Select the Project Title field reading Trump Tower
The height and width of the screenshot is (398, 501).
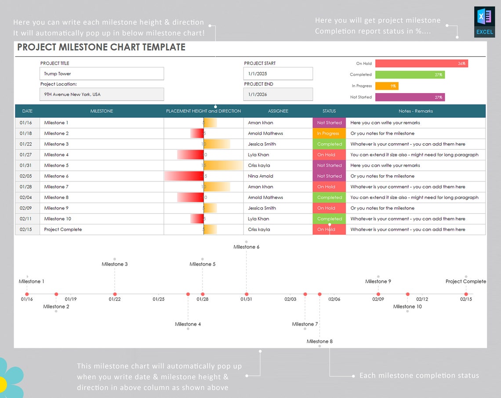[102, 74]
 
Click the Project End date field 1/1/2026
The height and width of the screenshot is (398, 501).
[278, 94]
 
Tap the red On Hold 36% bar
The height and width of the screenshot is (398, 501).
[421, 63]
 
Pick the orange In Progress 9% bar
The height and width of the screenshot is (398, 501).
[387, 86]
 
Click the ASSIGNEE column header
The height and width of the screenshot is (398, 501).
[278, 111]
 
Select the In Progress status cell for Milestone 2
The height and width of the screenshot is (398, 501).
[329, 134]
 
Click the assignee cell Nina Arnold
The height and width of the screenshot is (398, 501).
[261, 176]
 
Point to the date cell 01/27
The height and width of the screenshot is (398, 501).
[26, 155]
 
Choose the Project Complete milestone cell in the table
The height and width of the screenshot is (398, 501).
[63, 229]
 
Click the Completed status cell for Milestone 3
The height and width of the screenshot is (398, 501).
[329, 144]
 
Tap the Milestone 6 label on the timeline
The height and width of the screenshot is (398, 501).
[246, 247]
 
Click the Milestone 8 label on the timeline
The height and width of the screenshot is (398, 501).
[319, 341]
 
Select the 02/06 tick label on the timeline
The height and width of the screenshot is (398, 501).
[334, 299]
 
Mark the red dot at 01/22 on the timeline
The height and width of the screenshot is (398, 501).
[115, 294]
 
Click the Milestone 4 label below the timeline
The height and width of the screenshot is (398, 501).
[188, 324]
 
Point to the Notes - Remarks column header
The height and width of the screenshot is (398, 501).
[415, 111]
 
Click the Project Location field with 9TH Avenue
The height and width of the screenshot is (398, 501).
[102, 94]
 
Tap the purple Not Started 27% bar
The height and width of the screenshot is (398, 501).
[410, 97]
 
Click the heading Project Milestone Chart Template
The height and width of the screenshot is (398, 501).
[101, 47]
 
